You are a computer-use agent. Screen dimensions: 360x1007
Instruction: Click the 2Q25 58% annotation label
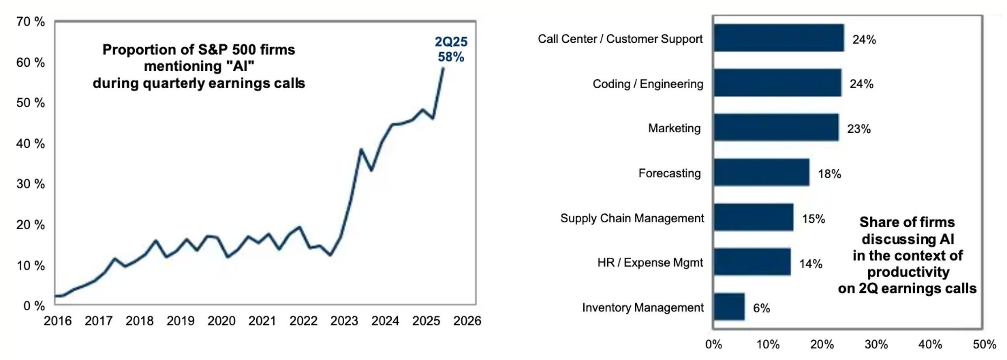coord(451,50)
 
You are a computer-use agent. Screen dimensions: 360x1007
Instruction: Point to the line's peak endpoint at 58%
coord(443,68)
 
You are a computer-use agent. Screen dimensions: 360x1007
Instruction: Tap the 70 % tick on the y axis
coord(30,22)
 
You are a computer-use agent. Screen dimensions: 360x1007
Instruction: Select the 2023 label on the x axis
coord(344,321)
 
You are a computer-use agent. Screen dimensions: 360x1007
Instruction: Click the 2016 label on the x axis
coord(58,321)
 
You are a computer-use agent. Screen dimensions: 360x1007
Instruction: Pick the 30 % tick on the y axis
coord(30,184)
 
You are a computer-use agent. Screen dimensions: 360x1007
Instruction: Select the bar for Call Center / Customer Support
coord(779,38)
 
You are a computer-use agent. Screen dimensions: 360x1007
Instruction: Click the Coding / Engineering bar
coord(777,83)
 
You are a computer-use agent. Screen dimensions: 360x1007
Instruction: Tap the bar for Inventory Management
coord(729,307)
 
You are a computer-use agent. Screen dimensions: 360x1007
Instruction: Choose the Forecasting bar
coord(762,172)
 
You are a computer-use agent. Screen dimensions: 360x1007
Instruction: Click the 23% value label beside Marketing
coord(859,129)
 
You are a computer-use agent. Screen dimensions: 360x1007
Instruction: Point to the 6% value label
coord(762,308)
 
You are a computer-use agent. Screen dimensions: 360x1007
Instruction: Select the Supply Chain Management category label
coord(632,218)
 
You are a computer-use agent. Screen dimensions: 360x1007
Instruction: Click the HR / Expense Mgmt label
coord(650,263)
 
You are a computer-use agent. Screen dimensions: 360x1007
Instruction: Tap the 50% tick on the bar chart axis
coord(984,345)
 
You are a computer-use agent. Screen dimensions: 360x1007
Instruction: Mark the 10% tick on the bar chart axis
coord(768,345)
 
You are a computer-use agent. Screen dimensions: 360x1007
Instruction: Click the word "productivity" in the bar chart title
coord(908,272)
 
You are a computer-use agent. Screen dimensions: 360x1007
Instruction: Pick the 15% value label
coord(814,219)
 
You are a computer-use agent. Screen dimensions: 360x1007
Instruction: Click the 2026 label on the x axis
coord(467,321)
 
